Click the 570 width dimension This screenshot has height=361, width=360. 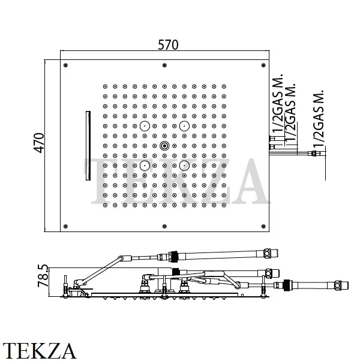click(x=168, y=45)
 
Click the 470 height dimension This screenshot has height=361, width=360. click(x=39, y=143)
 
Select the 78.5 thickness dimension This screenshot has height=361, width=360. click(x=43, y=276)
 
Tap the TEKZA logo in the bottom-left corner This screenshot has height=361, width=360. click(x=39, y=351)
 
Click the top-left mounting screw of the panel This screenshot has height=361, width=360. click(x=65, y=65)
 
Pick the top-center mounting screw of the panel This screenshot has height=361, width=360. click(x=164, y=65)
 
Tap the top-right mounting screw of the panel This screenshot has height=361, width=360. click(x=264, y=65)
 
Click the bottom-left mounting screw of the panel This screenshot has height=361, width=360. click(x=65, y=226)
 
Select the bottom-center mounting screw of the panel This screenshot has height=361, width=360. click(x=164, y=226)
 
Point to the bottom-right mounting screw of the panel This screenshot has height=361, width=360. click(x=264, y=226)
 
